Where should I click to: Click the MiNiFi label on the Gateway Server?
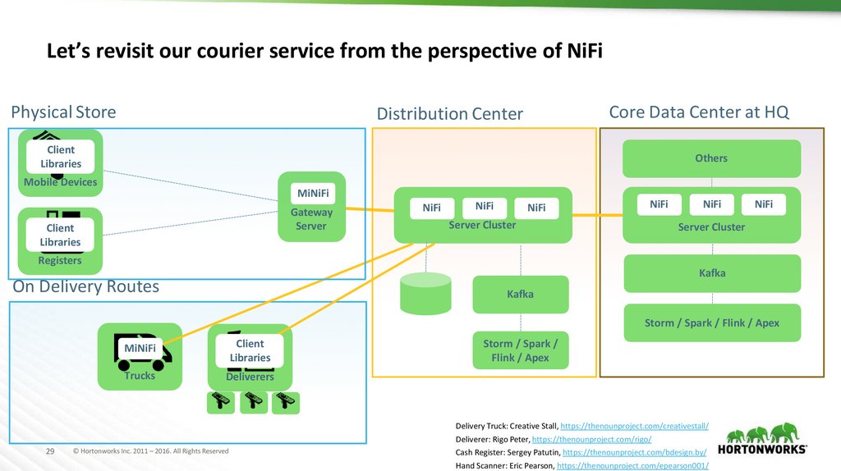(311, 194)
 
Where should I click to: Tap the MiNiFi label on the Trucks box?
(140, 348)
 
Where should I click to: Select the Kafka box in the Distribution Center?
(520, 294)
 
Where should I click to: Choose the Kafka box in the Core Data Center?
(711, 273)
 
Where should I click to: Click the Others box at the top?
(711, 158)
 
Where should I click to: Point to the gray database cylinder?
(425, 292)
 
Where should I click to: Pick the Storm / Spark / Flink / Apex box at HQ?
(711, 323)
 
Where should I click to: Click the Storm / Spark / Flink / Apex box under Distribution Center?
(520, 351)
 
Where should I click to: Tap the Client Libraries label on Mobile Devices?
(60, 156)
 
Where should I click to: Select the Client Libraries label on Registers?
(60, 235)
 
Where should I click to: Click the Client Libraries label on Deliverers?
(250, 350)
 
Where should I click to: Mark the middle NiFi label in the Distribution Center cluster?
(485, 207)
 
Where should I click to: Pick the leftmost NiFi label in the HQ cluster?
(659, 204)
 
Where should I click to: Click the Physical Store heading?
(63, 112)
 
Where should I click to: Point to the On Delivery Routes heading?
(85, 287)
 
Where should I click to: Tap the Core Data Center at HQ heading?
(699, 112)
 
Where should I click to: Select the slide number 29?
(48, 451)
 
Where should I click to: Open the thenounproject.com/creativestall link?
(634, 427)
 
